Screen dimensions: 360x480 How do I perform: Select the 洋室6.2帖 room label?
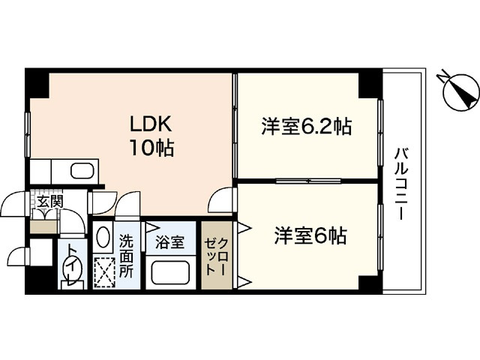pyautogui.click(x=307, y=127)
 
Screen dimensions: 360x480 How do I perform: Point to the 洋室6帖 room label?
pyautogui.click(x=310, y=236)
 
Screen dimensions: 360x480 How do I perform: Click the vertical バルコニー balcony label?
pyautogui.click(x=402, y=183)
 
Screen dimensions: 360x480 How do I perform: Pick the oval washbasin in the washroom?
pyautogui.click(x=103, y=238)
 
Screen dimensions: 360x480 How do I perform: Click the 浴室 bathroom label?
pyautogui.click(x=169, y=242)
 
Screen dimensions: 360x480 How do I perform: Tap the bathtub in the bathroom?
pyautogui.click(x=172, y=271)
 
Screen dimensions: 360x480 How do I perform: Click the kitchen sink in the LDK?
pyautogui.click(x=82, y=170)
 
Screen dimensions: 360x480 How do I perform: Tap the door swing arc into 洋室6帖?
pyautogui.click(x=223, y=199)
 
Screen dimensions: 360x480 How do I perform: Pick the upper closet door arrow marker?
pyautogui.click(x=244, y=226)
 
